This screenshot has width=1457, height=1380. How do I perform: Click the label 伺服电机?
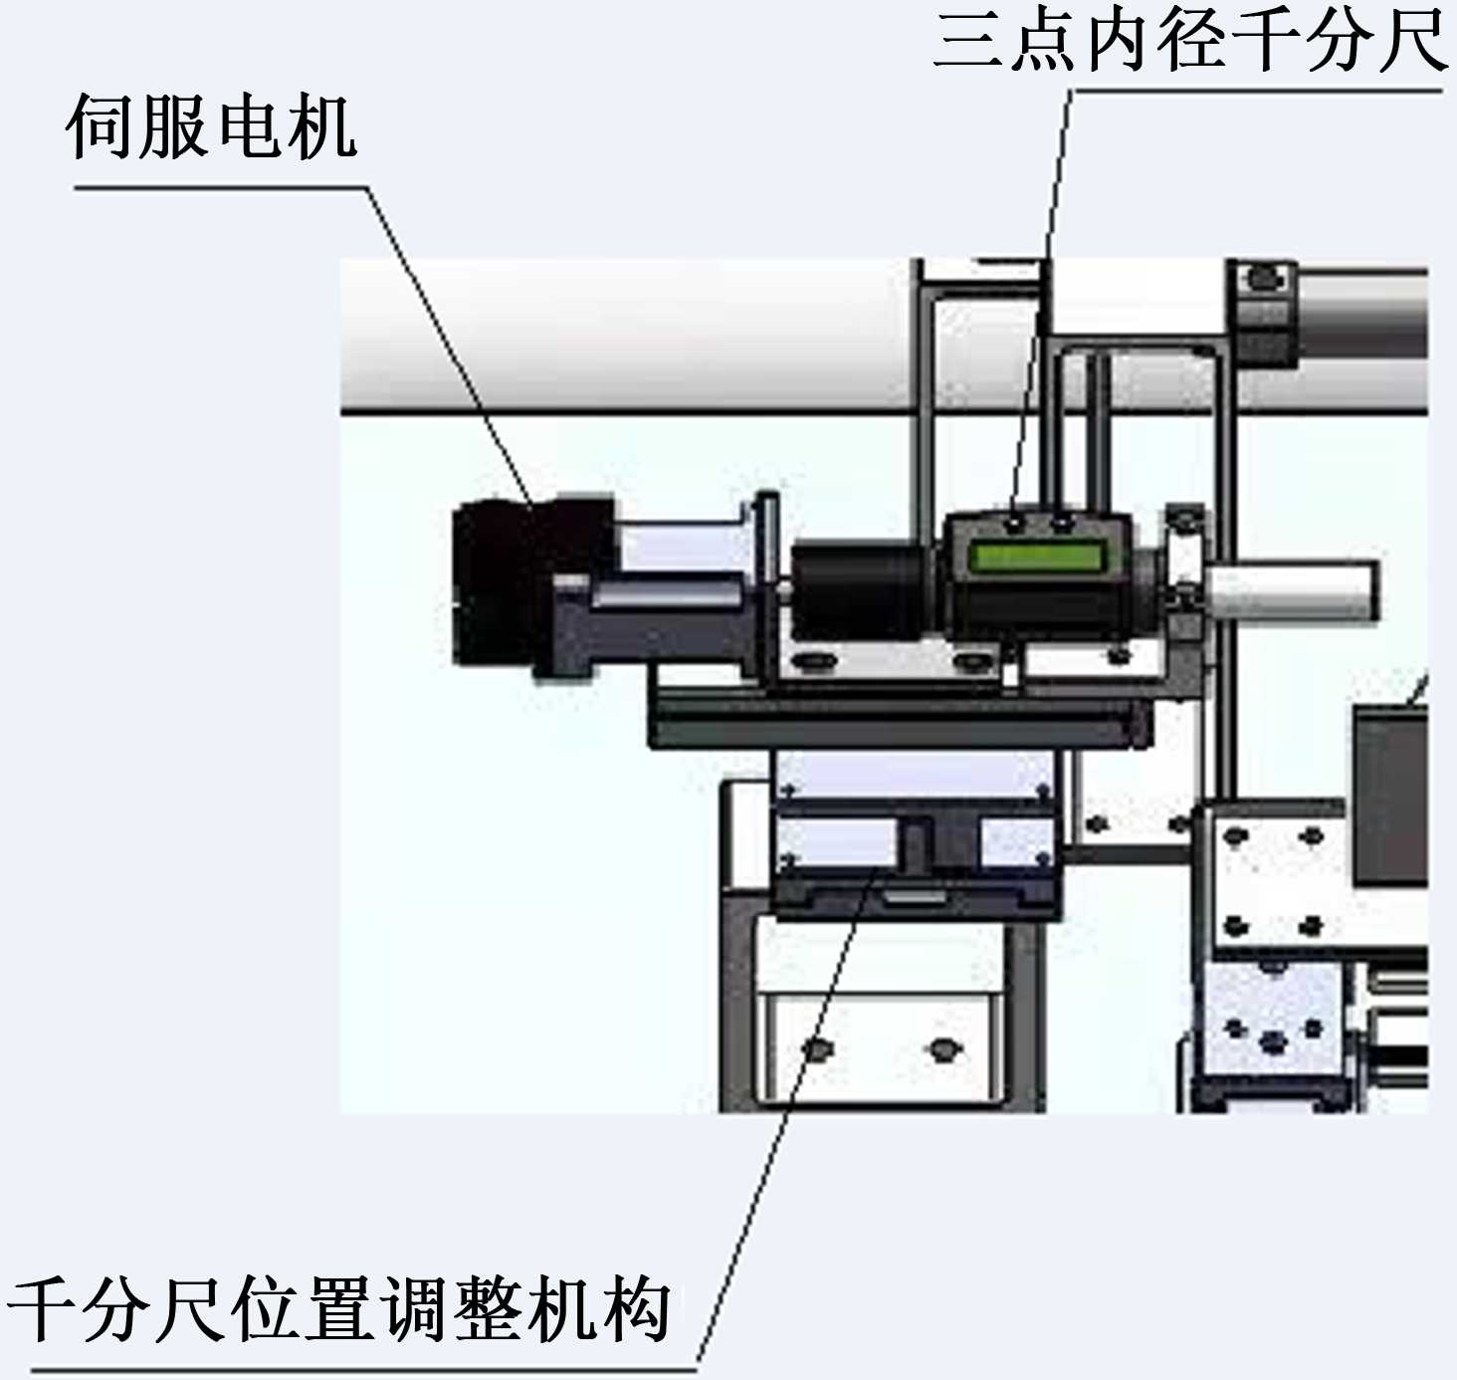211,127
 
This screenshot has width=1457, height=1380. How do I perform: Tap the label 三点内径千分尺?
1190,42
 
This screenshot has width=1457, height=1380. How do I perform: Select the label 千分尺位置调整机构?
338,1308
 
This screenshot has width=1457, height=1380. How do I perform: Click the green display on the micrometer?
1037,557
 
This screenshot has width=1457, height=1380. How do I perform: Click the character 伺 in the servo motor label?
101,127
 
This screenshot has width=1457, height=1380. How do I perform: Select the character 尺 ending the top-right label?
1411,42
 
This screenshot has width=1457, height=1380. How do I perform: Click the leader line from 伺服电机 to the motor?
448,339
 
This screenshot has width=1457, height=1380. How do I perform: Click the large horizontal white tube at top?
627,334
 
